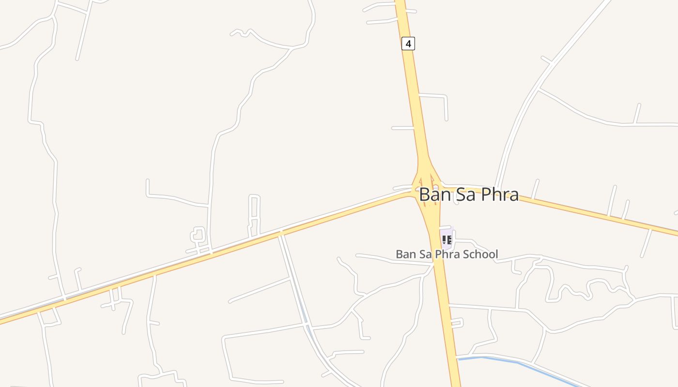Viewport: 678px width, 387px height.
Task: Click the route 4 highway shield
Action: [x=408, y=44]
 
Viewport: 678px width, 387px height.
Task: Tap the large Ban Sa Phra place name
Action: [x=468, y=194]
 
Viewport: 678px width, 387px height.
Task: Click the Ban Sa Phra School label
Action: [x=447, y=254]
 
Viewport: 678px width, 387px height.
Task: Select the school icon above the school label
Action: [x=447, y=239]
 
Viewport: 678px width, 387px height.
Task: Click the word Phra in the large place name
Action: [x=500, y=194]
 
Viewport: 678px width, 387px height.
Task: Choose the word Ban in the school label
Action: [x=405, y=254]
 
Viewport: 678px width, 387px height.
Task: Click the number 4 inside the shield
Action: [x=408, y=44]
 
